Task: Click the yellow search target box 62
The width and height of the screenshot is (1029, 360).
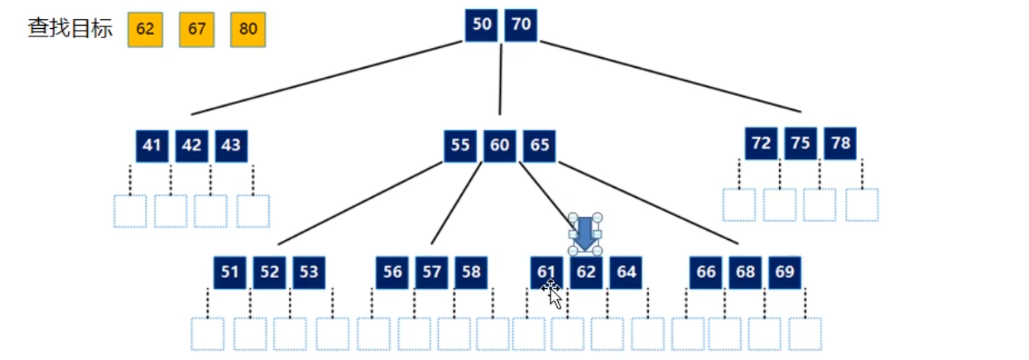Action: [145, 30]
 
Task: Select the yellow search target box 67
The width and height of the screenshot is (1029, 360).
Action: [196, 30]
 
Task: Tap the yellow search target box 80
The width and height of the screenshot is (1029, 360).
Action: [248, 30]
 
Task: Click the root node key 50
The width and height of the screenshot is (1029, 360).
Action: [481, 25]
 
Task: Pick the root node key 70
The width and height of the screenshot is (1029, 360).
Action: [521, 25]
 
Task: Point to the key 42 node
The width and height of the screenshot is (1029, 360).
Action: [191, 146]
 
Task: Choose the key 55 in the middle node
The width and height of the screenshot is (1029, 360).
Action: [460, 146]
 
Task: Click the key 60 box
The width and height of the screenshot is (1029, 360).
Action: [500, 146]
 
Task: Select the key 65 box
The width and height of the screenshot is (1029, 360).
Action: [540, 146]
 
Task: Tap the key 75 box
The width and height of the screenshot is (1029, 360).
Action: [801, 143]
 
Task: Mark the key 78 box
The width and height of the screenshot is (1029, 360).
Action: [840, 143]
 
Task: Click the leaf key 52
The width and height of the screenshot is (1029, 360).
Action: [269, 272]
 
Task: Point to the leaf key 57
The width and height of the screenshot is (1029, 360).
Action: [431, 272]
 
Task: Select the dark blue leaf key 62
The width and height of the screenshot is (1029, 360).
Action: [586, 272]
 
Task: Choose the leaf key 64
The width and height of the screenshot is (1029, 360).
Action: [627, 272]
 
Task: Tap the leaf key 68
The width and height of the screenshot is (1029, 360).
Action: [745, 272]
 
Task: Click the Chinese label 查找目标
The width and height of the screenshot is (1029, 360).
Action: [70, 30]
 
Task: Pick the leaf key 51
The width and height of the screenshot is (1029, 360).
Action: [229, 272]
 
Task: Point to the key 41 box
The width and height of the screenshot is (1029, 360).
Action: [151, 146]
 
